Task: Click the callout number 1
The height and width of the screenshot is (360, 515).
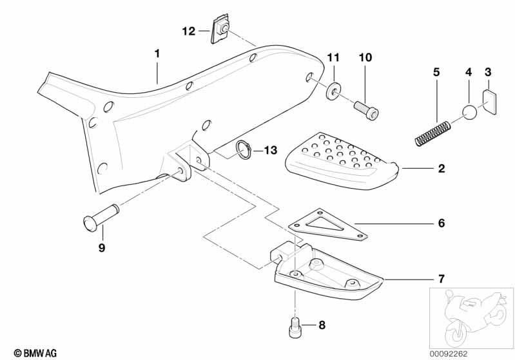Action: point(157,53)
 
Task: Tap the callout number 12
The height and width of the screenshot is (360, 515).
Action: point(188,30)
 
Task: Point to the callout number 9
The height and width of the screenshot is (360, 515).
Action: point(102,247)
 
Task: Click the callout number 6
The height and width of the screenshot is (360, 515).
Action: point(441,223)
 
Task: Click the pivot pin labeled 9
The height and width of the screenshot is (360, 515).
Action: point(101,217)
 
